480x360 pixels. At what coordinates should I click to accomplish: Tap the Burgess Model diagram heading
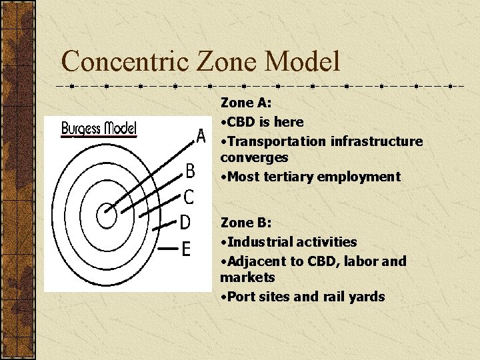coord(99,127)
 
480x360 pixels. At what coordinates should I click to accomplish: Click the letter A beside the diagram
coord(201,137)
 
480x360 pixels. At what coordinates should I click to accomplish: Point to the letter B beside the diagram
coord(190,172)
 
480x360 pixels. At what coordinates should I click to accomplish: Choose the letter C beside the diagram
coord(189,197)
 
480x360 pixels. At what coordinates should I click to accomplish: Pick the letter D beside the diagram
coord(186,221)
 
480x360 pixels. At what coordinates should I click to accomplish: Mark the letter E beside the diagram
coord(186,249)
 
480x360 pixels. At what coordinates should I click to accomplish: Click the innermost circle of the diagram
coord(106,215)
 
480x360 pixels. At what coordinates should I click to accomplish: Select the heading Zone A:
coord(245,103)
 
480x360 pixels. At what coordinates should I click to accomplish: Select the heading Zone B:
coord(245,223)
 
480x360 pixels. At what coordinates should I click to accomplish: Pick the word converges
coord(254,158)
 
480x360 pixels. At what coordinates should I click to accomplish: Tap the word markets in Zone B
coord(247,277)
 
